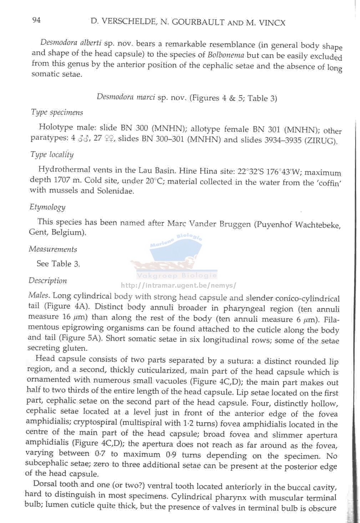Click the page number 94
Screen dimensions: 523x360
(36, 20)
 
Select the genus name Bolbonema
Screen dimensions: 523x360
(226, 55)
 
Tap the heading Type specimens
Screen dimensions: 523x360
(57, 112)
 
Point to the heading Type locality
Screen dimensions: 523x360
(52, 154)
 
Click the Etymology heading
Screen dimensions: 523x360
(47, 207)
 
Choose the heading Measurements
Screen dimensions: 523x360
(53, 249)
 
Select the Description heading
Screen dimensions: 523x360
(48, 281)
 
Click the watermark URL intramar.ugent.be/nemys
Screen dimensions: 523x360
(178, 286)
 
